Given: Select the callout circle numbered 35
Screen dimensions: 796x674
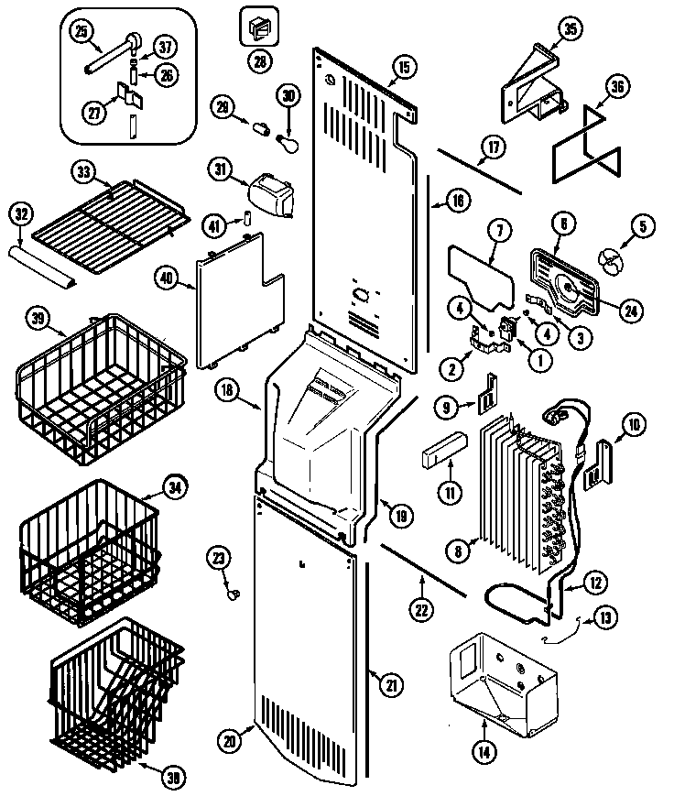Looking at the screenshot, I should click(570, 30).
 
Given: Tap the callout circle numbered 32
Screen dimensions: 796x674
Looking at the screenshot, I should click(20, 214).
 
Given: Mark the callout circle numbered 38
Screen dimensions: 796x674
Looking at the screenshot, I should click(170, 778).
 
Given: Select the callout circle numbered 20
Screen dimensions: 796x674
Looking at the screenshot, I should click(231, 740).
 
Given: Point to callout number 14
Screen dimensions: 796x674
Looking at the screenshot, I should click(483, 752).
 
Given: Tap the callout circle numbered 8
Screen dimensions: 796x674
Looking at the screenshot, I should click(455, 551).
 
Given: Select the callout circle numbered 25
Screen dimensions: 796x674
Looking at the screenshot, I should click(82, 33).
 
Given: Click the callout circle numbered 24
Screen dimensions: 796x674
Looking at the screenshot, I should click(629, 311).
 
